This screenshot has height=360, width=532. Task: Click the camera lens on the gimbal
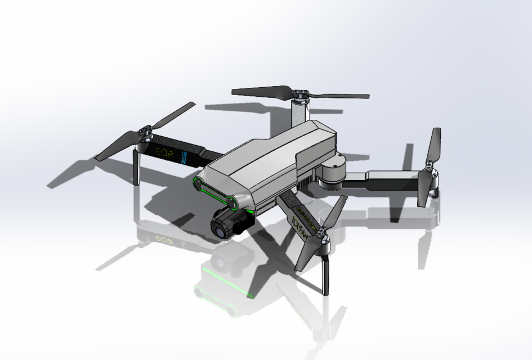pos(218,227)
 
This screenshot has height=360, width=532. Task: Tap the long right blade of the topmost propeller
pos(341,96)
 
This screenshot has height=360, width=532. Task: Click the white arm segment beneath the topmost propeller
pos(300,113)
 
